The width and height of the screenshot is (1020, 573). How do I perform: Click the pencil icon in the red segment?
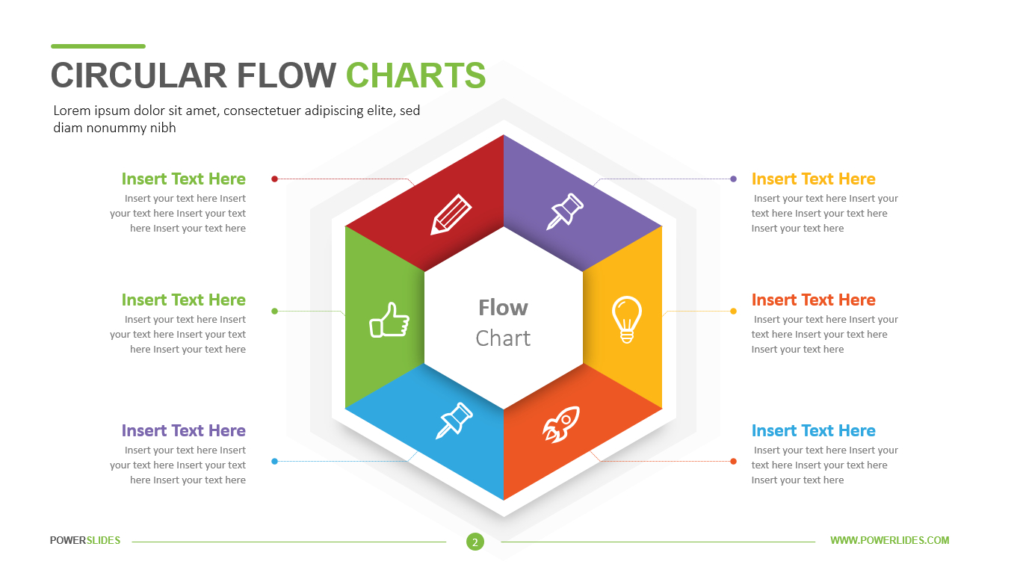click(x=451, y=214)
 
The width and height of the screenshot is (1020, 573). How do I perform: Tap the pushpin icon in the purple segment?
click(x=565, y=211)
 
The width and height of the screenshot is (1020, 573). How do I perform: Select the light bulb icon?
click(x=627, y=319)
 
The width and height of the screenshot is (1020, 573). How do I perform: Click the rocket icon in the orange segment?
click(x=561, y=424)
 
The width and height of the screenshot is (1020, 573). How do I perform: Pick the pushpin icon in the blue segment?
click(x=454, y=420)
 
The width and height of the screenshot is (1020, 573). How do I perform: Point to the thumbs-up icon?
click(x=389, y=320)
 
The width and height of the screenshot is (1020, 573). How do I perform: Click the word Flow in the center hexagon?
click(x=503, y=308)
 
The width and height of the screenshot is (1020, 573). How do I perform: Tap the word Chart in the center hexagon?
click(x=503, y=338)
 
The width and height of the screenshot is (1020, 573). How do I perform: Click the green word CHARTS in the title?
click(x=415, y=75)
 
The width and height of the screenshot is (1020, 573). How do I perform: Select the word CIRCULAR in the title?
click(x=138, y=75)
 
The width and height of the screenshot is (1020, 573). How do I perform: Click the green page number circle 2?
click(x=475, y=542)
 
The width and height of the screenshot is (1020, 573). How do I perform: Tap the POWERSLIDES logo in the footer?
click(x=85, y=540)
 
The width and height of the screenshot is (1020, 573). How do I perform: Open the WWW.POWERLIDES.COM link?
click(x=890, y=540)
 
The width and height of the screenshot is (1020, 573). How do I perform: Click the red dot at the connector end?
click(x=274, y=179)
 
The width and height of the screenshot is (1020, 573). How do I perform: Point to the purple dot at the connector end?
click(x=733, y=179)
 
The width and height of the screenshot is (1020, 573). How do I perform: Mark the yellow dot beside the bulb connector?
click(x=733, y=312)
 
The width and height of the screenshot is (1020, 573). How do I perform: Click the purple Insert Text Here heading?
click(x=184, y=430)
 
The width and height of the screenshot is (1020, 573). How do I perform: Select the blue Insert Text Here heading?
click(x=813, y=430)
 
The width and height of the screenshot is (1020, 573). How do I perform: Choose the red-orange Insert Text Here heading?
click(x=813, y=300)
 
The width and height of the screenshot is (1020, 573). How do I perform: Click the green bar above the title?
click(x=98, y=46)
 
